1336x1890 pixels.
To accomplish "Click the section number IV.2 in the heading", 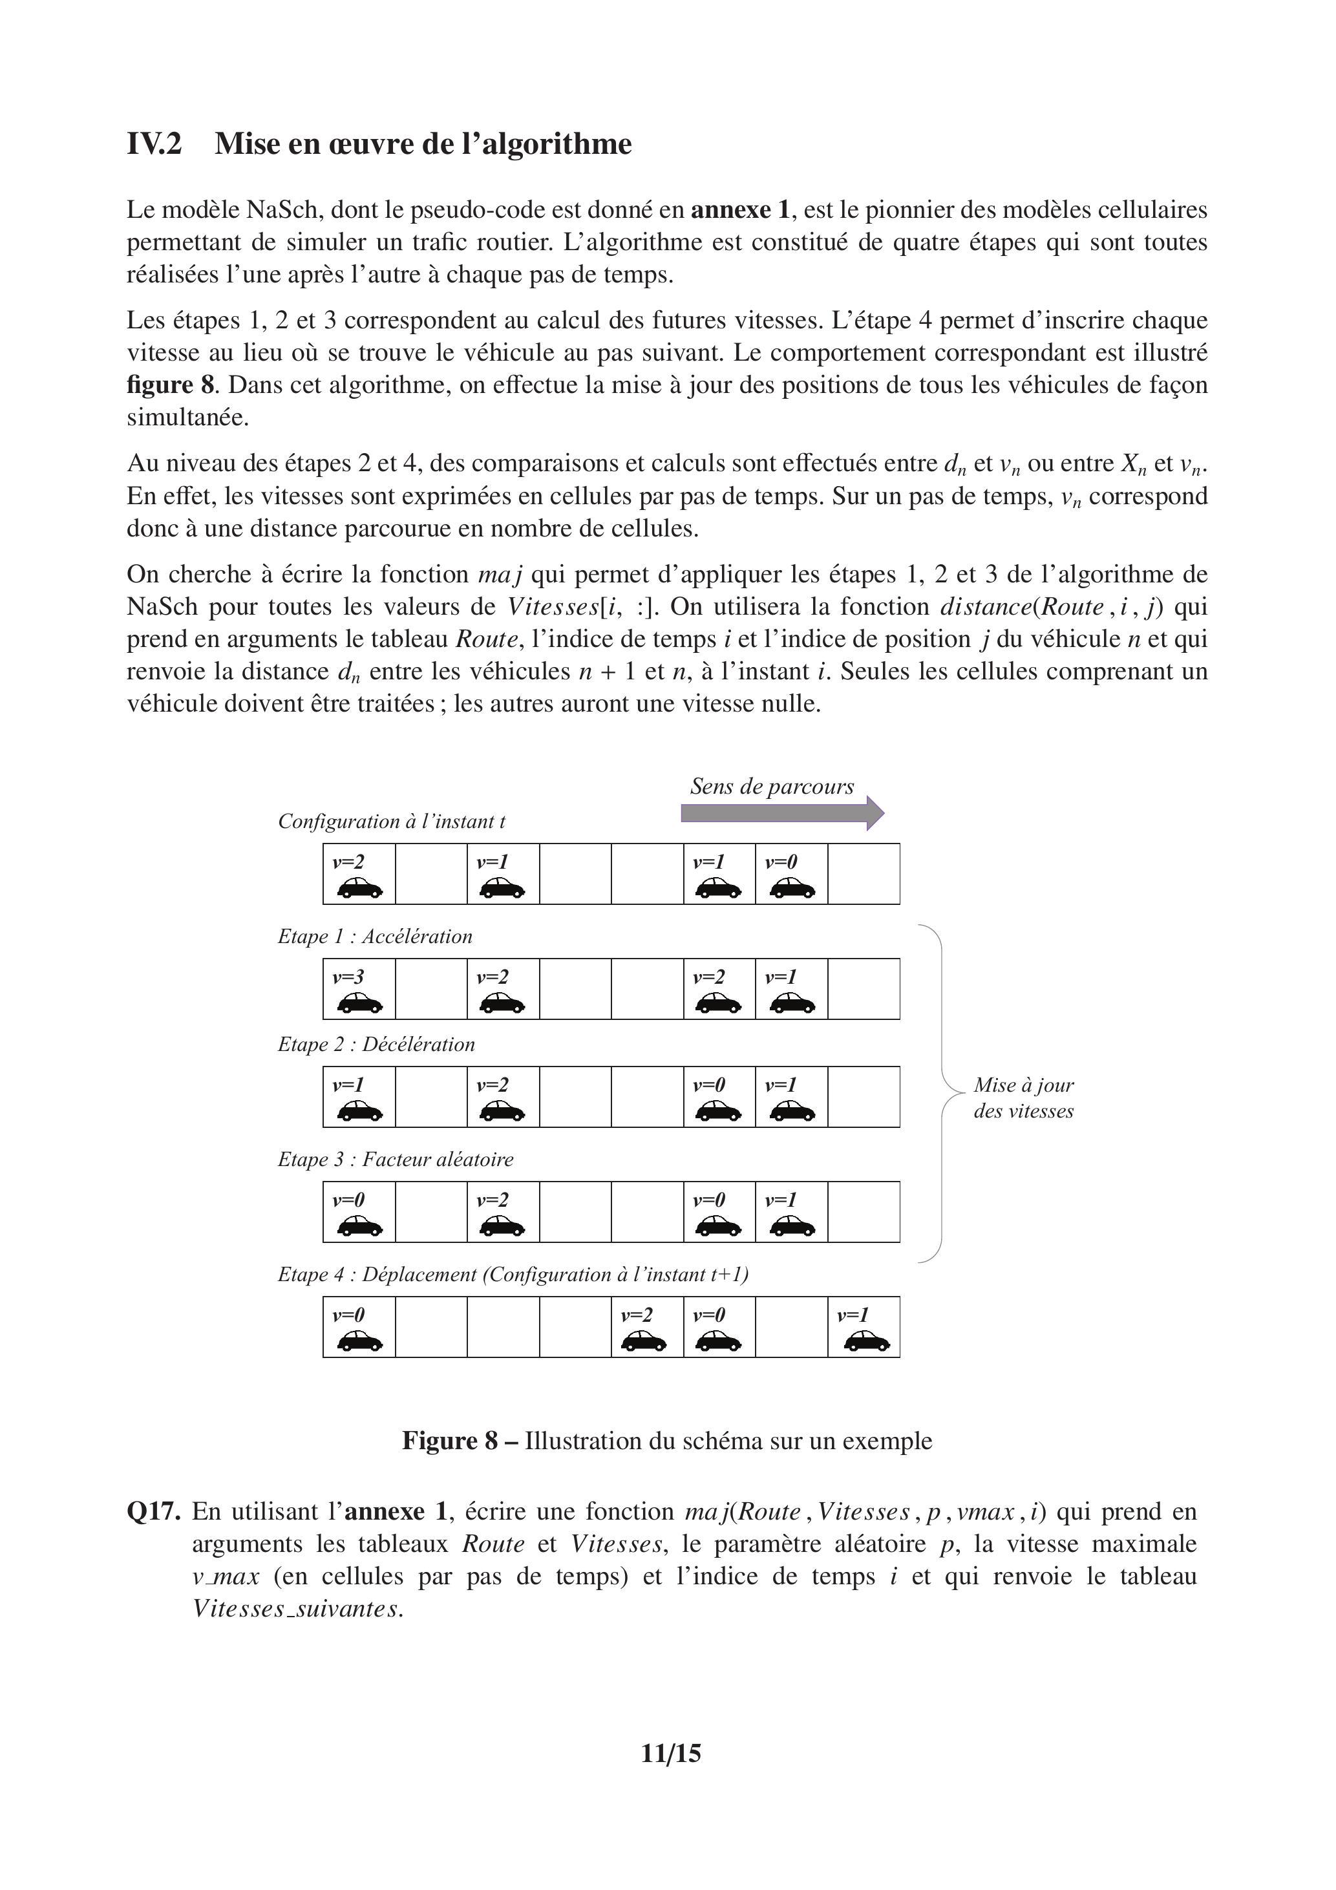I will point(154,144).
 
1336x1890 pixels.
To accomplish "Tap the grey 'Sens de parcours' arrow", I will point(782,813).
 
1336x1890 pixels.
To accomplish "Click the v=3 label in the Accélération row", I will point(348,977).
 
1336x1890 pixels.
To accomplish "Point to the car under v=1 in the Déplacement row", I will point(867,1342).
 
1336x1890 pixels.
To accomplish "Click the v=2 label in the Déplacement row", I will point(636,1315).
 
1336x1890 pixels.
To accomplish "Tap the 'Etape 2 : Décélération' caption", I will point(376,1044).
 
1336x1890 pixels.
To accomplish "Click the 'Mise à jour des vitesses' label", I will point(1023,1098).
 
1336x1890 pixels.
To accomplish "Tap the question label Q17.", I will point(153,1511).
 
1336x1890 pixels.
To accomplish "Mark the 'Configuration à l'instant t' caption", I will point(391,821).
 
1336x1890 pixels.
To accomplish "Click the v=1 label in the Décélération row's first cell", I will point(348,1085).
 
